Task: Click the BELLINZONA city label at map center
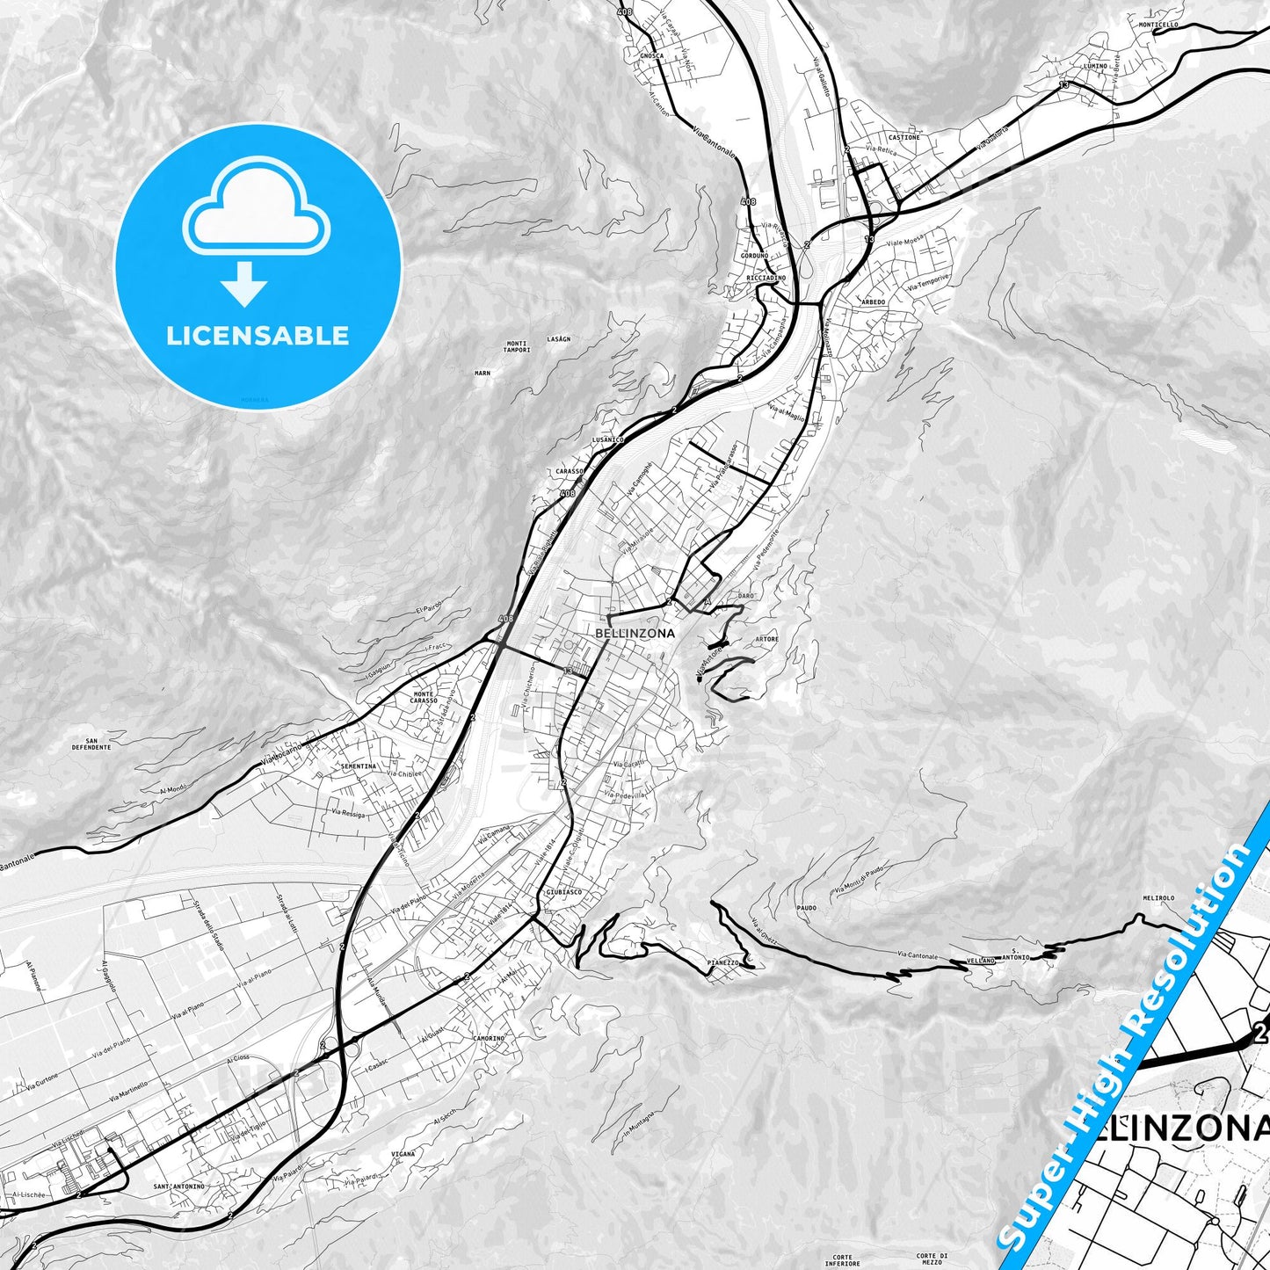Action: (x=635, y=633)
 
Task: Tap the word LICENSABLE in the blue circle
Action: (x=258, y=335)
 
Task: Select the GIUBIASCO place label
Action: (x=563, y=891)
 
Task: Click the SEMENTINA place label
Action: (x=358, y=766)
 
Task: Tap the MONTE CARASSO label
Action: (x=424, y=698)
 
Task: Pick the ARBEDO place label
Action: (x=873, y=301)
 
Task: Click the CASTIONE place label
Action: (x=904, y=137)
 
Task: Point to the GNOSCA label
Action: (x=651, y=55)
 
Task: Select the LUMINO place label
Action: (x=1095, y=66)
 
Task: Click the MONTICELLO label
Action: (x=1158, y=25)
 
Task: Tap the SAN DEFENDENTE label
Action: (x=91, y=744)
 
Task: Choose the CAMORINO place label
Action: (x=489, y=1038)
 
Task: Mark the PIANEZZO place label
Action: (x=722, y=962)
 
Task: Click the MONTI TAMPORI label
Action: (x=517, y=346)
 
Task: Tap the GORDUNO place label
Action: (x=754, y=255)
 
